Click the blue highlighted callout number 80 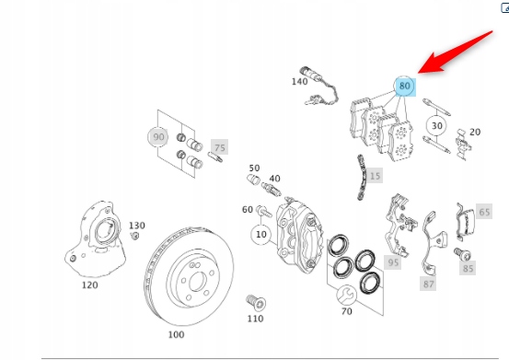tap(404, 86)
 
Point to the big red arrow tap(455, 52)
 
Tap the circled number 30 tap(436, 125)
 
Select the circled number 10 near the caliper tap(261, 235)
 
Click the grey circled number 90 tap(158, 136)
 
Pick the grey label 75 tap(220, 147)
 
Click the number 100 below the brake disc tap(176, 334)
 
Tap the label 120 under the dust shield tap(89, 285)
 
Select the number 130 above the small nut tap(136, 226)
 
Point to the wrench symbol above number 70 tap(346, 295)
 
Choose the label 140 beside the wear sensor tap(299, 81)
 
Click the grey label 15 tap(375, 176)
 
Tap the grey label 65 tap(484, 212)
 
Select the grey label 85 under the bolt tap(468, 268)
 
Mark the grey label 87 tap(428, 284)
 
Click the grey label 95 tap(393, 262)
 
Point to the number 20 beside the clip tap(475, 132)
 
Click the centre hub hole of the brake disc tap(197, 282)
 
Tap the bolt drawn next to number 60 tap(263, 212)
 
